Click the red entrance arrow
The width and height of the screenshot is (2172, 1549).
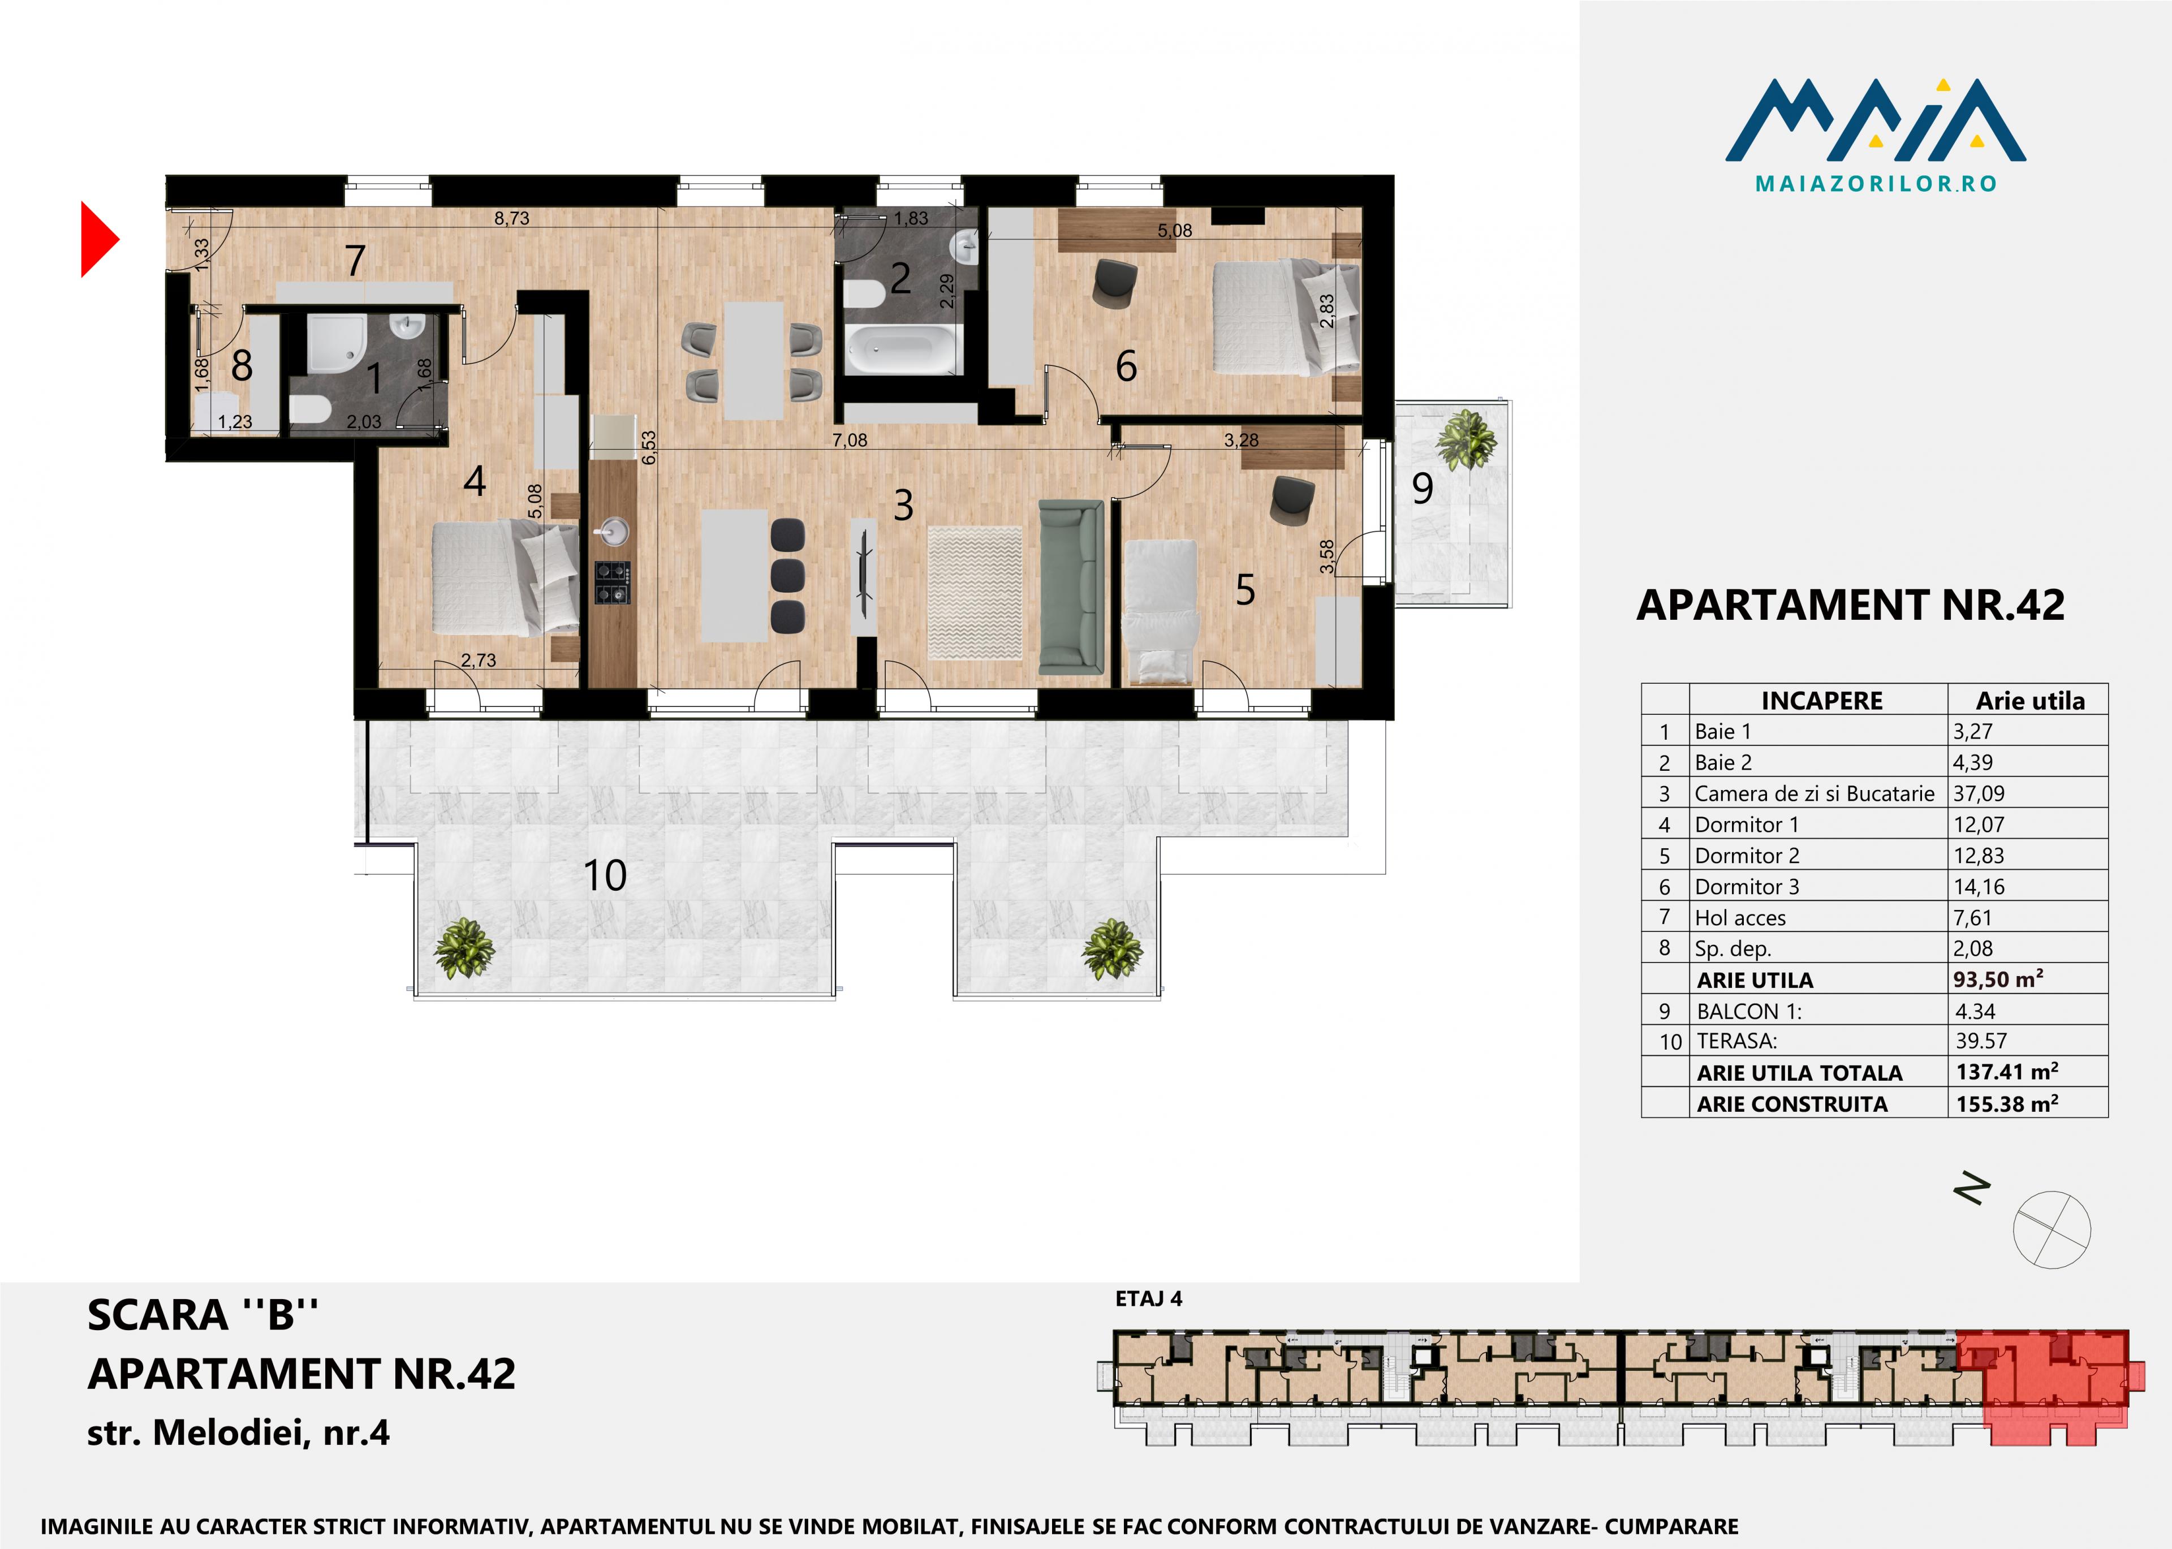99,239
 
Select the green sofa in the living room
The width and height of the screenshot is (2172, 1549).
1071,588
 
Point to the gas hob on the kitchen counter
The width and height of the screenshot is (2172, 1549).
613,583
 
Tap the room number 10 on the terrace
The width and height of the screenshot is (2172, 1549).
605,875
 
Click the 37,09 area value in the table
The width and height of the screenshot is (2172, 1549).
1979,793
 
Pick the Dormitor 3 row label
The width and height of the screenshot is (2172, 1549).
1747,887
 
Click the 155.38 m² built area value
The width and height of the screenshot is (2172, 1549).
2007,1103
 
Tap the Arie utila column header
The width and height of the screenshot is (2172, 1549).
2030,701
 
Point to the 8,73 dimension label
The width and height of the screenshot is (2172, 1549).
511,218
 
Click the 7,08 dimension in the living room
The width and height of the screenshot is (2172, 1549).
849,441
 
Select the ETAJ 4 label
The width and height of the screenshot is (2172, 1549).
1148,1298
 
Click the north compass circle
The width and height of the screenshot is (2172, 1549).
2052,1229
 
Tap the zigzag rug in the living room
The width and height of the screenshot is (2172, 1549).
975,592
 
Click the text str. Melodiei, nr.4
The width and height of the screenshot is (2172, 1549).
239,1432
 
